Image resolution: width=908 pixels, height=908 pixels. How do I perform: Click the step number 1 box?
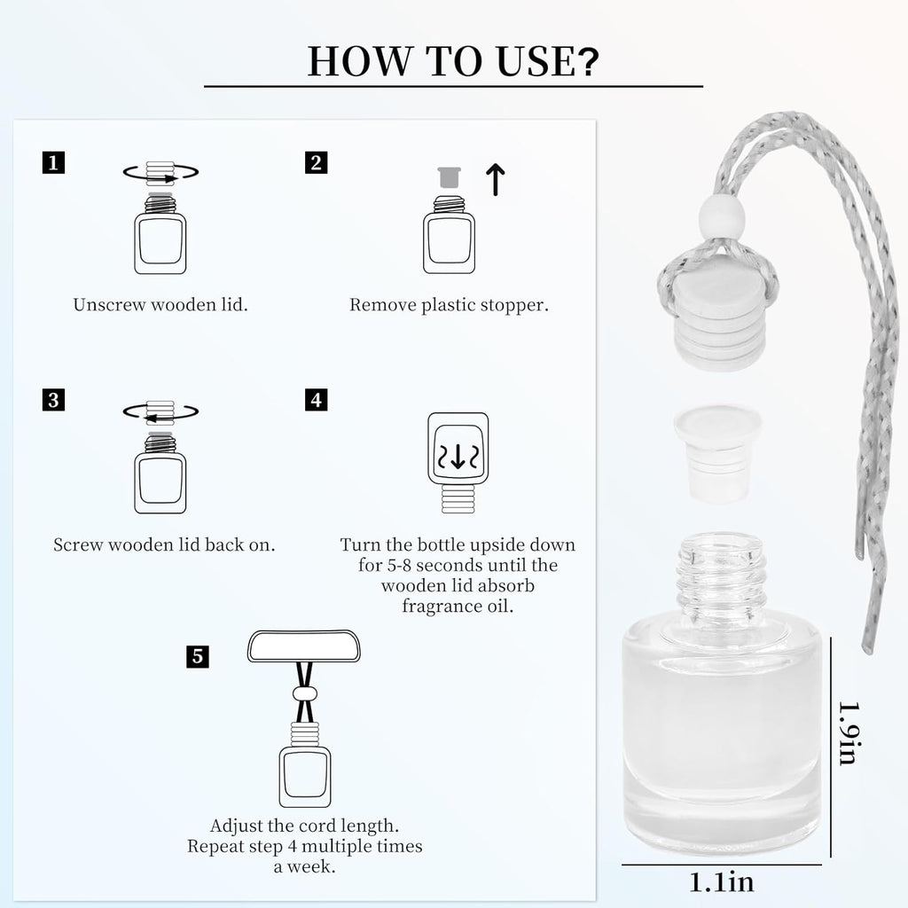click(x=53, y=163)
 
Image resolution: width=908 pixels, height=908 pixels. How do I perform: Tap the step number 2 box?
click(x=317, y=163)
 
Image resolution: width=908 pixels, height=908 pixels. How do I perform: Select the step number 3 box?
click(x=53, y=400)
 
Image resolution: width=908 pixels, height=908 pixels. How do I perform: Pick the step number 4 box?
click(x=317, y=400)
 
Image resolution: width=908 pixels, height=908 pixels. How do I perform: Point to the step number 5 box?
click(x=198, y=657)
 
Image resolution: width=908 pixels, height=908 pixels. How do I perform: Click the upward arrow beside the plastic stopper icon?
click(x=495, y=179)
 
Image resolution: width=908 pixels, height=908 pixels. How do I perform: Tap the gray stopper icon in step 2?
click(x=449, y=177)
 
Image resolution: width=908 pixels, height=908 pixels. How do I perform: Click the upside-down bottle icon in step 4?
click(x=458, y=463)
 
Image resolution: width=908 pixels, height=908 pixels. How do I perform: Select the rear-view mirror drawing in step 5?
click(x=304, y=646)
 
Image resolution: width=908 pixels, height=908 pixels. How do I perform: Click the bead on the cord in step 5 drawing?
click(x=305, y=693)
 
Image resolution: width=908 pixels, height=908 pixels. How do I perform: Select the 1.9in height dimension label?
click(x=849, y=733)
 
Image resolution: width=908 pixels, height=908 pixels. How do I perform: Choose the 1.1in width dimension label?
click(x=722, y=882)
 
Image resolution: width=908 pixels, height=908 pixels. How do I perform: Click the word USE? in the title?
click(x=547, y=61)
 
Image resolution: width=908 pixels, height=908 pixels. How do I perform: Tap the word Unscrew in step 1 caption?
click(x=109, y=305)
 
